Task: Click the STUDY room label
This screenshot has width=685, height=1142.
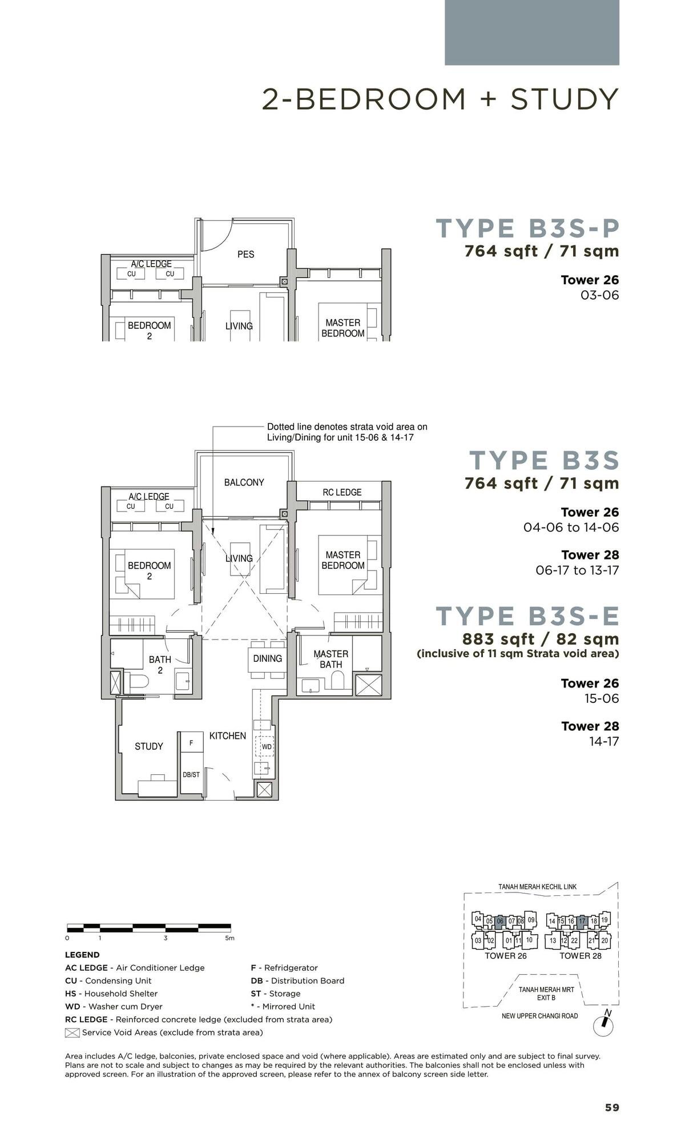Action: pos(148,746)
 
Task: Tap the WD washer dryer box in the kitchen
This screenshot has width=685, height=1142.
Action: pos(267,746)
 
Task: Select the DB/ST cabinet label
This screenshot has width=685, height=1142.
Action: pos(191,775)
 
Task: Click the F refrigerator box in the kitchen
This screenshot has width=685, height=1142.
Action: pos(191,742)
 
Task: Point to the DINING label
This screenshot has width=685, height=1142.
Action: pos(267,658)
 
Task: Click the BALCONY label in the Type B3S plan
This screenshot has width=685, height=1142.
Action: pos(244,482)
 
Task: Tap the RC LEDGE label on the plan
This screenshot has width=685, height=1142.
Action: pos(342,492)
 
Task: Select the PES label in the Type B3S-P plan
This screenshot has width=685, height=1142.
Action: pos(245,254)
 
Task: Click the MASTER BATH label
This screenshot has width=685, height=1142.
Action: pos(331,659)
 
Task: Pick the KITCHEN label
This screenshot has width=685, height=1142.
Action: pos(227,736)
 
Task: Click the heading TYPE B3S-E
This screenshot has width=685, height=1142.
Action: pos(527,616)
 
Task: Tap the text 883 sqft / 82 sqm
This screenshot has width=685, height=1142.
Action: pos(541,639)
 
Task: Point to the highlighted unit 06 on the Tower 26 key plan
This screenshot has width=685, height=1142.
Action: pos(500,921)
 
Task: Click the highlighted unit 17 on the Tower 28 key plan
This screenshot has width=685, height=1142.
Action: pos(582,921)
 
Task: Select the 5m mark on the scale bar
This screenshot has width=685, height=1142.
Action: pos(229,938)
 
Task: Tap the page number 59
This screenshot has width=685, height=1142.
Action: pos(612,1108)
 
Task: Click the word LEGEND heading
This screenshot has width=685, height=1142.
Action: pos(82,955)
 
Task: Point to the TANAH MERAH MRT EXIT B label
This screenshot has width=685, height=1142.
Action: pos(546,994)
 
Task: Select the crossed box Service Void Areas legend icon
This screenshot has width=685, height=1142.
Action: pos(72,1032)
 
